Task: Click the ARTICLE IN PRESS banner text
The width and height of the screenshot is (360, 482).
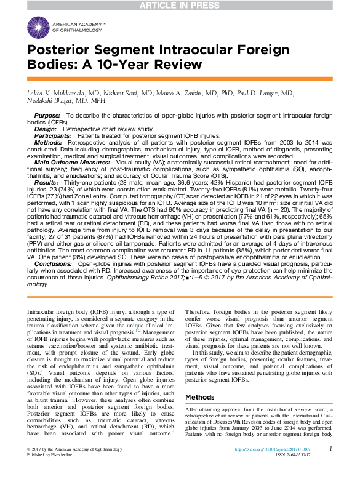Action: click(x=180, y=6)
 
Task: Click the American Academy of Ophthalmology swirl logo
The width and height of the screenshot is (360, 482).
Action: click(x=38, y=26)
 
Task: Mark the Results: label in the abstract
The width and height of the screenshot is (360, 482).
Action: click(x=47, y=183)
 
